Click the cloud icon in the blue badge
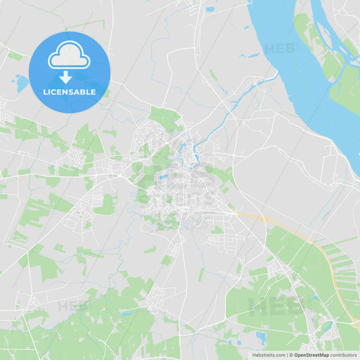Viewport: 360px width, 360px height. coord(69,56)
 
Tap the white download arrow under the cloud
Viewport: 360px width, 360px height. coord(66,77)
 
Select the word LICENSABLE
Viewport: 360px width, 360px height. coord(69,92)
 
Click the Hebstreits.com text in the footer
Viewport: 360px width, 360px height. coord(268,355)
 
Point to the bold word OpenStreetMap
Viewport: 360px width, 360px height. coord(311,355)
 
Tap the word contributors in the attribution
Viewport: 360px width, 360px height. coord(344,355)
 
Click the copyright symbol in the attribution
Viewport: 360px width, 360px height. coord(290,355)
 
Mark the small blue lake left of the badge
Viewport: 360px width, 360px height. coord(22,83)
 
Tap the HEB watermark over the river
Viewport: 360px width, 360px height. coord(279,49)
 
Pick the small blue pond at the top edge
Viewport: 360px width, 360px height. coord(210,9)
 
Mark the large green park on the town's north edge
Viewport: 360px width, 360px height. coord(165,118)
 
